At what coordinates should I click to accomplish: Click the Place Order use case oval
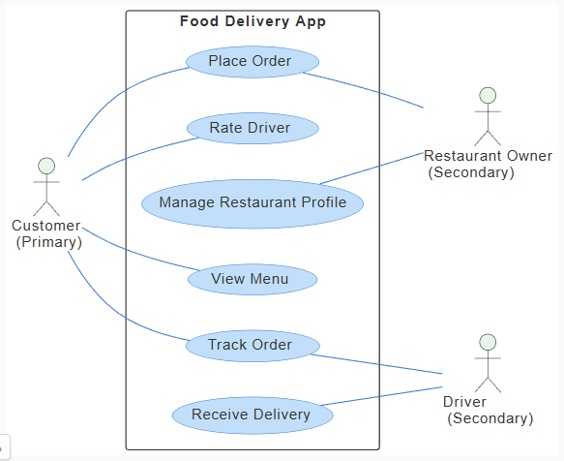click(x=251, y=62)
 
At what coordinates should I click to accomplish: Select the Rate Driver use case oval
click(x=251, y=127)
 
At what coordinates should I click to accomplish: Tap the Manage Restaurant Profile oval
click(x=252, y=203)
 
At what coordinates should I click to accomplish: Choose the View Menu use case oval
click(x=251, y=280)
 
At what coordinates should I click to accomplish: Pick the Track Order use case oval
click(x=251, y=345)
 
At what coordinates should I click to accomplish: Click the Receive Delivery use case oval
click(x=252, y=415)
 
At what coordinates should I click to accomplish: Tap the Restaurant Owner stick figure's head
click(x=489, y=95)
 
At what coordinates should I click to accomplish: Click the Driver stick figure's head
click(x=489, y=343)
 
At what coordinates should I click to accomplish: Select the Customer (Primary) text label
click(x=46, y=234)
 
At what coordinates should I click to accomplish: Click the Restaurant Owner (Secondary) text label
click(x=488, y=164)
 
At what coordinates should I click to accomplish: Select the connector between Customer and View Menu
click(x=135, y=254)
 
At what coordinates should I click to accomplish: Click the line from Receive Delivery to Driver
click(x=382, y=396)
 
